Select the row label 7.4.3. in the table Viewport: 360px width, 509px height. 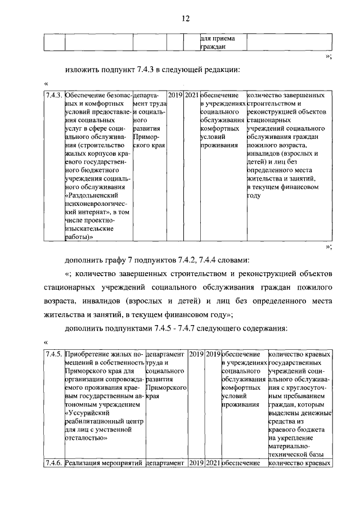55,96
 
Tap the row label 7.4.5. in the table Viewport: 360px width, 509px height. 55,354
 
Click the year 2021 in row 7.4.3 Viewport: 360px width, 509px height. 192,96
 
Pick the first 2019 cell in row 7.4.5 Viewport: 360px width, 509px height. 196,354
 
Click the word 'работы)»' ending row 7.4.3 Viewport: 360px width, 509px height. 79,238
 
